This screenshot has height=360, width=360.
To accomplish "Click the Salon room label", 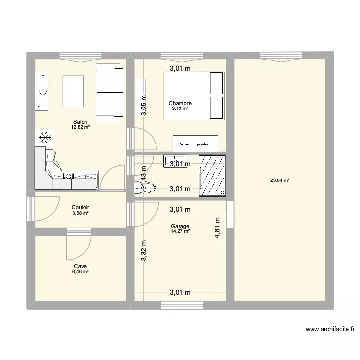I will pos(81,122).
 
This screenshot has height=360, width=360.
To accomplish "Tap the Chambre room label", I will pos(180,103).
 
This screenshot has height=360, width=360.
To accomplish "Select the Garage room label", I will pos(180,226).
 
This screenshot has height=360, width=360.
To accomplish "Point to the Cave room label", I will pos(81,266).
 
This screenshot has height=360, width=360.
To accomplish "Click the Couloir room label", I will pos(81,207).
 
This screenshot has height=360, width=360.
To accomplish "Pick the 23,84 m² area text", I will pos(280,180).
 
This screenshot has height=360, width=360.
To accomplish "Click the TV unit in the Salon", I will pos(42,91).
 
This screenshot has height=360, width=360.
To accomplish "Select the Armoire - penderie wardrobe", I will pos(195,143).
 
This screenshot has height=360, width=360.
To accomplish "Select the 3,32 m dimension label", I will pos(144,251).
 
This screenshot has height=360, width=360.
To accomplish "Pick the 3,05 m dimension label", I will pos(144,105).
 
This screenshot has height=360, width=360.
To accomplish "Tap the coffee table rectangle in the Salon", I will pos(74,92).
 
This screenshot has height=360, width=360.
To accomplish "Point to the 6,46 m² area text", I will pos(81,272).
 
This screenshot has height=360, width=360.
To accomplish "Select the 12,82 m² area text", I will pos(81,128).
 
